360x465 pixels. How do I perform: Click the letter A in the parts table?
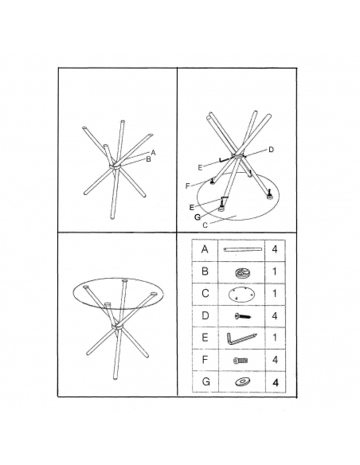pyautogui.click(x=205, y=249)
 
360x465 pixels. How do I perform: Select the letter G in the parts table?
pyautogui.click(x=205, y=381)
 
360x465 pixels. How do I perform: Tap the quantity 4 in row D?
pyautogui.click(x=275, y=315)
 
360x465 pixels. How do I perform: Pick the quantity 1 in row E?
pyautogui.click(x=275, y=338)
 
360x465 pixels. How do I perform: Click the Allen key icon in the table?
pyautogui.click(x=241, y=338)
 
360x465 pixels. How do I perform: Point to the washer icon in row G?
pyautogui.click(x=242, y=381)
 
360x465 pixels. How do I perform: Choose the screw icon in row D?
pyautogui.click(x=243, y=316)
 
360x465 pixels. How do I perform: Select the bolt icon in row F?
pyautogui.click(x=241, y=361)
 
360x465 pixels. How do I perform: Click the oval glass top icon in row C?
pyautogui.click(x=241, y=295)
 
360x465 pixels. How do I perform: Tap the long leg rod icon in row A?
pyautogui.click(x=243, y=249)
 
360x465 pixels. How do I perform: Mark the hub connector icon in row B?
pyautogui.click(x=242, y=273)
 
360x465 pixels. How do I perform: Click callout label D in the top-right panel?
pyautogui.click(x=271, y=150)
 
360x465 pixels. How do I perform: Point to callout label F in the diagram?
pyautogui.click(x=187, y=186)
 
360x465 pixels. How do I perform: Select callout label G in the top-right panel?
pyautogui.click(x=198, y=217)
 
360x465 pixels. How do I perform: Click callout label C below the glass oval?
pyautogui.click(x=205, y=225)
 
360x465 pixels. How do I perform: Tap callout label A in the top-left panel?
pyautogui.click(x=153, y=153)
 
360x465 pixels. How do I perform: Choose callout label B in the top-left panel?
pyautogui.click(x=149, y=159)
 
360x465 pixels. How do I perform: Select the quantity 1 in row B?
pyautogui.click(x=275, y=272)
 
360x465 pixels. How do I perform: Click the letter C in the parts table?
pyautogui.click(x=205, y=294)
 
